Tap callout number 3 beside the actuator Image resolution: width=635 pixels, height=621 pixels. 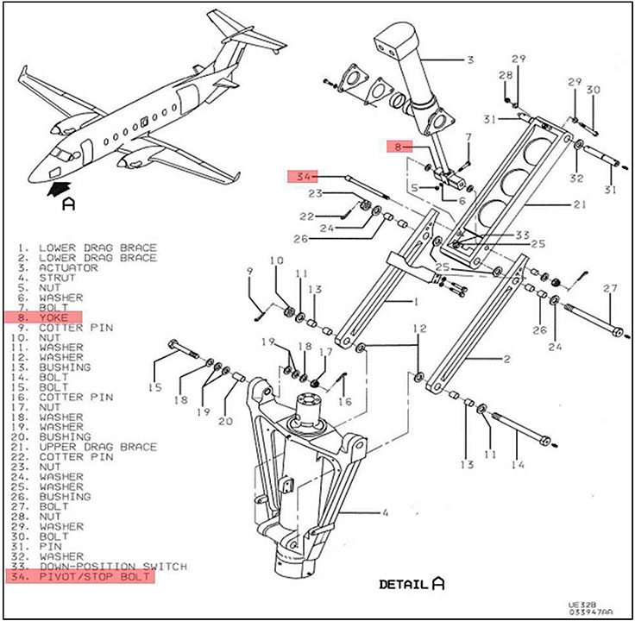[x=470, y=60]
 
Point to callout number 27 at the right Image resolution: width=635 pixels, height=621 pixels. [x=611, y=287]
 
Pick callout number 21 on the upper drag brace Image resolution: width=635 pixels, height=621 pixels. [x=579, y=204]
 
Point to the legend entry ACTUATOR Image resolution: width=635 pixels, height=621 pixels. [x=67, y=268]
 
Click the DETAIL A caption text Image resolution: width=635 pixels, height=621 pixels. [x=412, y=584]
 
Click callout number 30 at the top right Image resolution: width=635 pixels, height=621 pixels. [x=593, y=90]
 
